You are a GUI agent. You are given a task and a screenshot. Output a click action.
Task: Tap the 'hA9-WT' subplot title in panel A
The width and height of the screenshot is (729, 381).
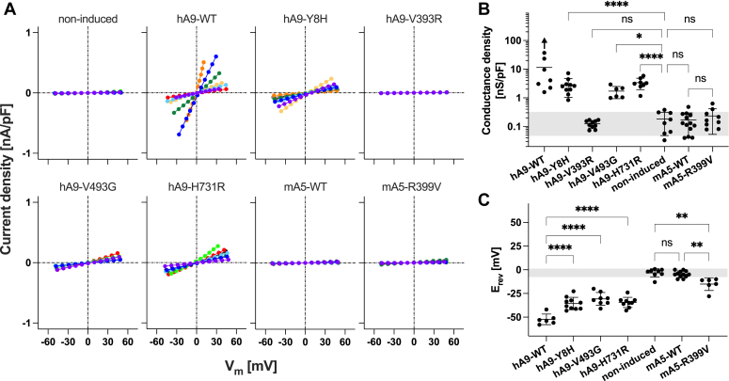click(x=197, y=19)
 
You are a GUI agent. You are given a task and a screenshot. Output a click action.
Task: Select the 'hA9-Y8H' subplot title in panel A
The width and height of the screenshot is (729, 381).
click(x=305, y=19)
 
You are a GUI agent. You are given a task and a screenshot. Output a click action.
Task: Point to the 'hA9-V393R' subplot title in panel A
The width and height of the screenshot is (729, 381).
click(x=414, y=19)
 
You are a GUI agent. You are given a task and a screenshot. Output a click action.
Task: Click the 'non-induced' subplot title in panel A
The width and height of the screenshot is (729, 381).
click(x=87, y=19)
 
